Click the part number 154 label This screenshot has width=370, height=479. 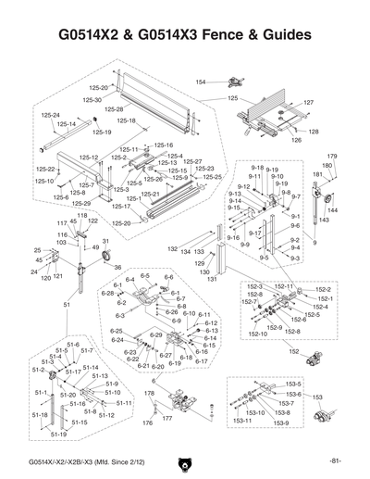(x=200, y=82)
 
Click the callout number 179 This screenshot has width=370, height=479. (x=332, y=157)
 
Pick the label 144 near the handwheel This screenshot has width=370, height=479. (x=333, y=210)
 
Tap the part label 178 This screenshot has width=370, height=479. (x=147, y=395)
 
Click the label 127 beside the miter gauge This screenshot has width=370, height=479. (x=309, y=102)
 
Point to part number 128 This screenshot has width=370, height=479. (x=313, y=132)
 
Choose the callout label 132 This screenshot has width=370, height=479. (x=172, y=249)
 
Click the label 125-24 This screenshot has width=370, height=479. (x=50, y=115)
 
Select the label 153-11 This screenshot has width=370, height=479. (x=243, y=421)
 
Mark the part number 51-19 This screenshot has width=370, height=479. (x=58, y=434)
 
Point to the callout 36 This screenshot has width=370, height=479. (x=117, y=267)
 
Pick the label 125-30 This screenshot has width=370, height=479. (x=92, y=99)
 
